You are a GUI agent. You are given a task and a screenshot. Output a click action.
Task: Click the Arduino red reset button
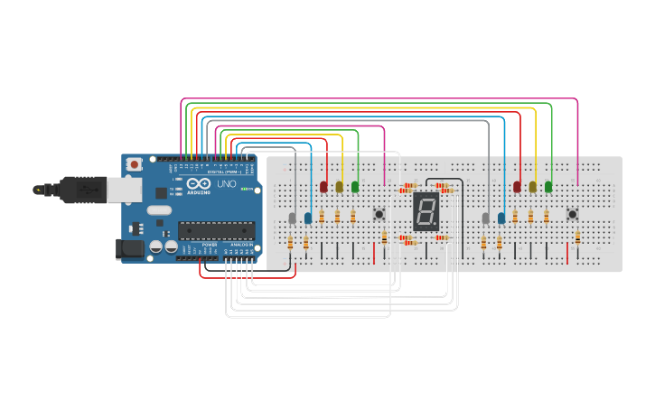point(134,164)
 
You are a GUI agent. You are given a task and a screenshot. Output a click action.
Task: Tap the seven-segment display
point(426,211)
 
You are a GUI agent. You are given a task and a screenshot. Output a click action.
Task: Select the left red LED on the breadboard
point(323,186)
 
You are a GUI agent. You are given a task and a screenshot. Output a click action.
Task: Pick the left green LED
point(355,186)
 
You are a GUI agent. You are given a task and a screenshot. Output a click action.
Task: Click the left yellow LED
point(340,186)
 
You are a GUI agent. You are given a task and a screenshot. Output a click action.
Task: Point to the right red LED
point(517,186)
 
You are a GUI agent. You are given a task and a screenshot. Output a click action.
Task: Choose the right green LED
point(548,186)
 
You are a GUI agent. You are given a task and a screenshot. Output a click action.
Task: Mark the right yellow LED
point(533,186)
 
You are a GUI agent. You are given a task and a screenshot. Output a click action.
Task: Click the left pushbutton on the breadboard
point(379,214)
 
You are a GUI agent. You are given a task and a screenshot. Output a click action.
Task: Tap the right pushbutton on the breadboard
point(572,214)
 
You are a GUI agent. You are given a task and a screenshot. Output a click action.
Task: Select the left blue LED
point(308,218)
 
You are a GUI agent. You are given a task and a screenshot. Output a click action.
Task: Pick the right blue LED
point(501,218)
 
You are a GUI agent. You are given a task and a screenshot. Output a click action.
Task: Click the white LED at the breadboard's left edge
point(292,218)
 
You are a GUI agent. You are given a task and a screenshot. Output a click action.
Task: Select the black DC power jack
point(130,248)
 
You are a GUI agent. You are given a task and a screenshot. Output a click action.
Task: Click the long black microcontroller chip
point(216,230)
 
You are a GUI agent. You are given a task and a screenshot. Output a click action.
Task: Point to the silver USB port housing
point(123,190)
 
